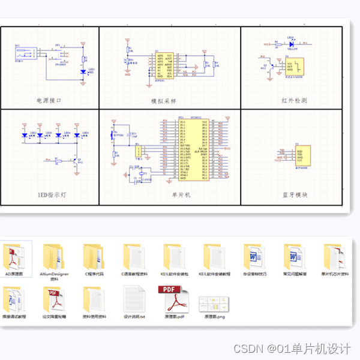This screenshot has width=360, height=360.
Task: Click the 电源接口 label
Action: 49,101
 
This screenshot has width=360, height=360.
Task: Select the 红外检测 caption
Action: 294,101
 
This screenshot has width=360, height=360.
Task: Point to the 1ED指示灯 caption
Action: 50,195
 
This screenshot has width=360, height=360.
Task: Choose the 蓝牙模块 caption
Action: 295,195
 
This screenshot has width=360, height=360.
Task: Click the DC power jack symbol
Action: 22,55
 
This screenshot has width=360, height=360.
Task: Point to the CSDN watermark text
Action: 292,349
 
